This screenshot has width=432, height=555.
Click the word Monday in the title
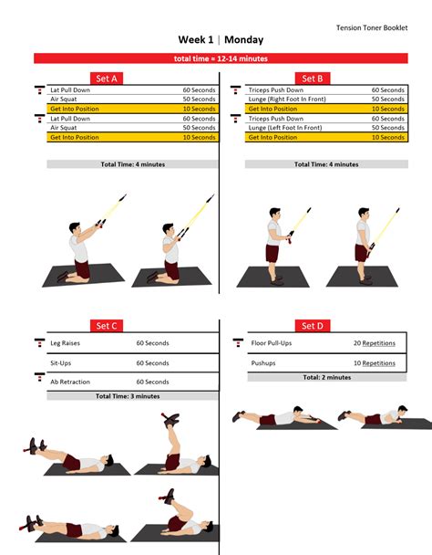(243, 41)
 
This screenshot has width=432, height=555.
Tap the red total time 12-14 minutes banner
(216, 58)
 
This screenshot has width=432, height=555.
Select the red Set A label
(108, 79)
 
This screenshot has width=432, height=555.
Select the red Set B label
(313, 79)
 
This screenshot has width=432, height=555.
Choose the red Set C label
(107, 326)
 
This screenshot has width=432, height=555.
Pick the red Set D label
(312, 326)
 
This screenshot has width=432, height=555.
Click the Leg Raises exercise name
(66, 343)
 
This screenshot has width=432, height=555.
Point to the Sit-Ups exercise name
(61, 362)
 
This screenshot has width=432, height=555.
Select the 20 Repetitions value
(374, 343)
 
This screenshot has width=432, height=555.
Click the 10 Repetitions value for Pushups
(374, 362)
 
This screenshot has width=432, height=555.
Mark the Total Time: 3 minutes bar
(129, 396)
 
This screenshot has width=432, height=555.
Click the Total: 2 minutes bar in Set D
(325, 376)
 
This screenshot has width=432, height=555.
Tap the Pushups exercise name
(263, 362)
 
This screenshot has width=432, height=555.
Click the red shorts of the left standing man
(272, 252)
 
